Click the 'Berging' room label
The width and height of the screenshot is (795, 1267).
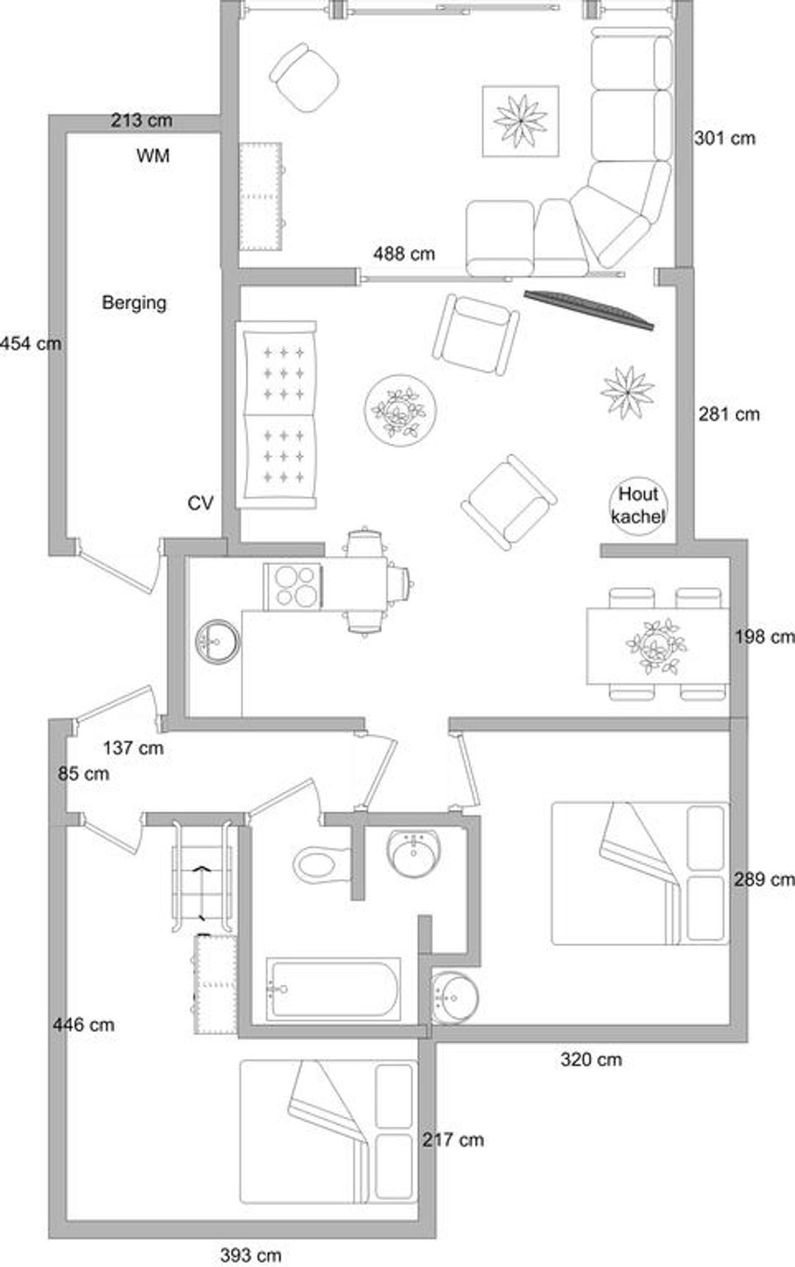[x=134, y=303]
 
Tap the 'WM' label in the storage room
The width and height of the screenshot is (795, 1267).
[x=153, y=156]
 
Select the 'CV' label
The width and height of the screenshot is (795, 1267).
[x=200, y=503]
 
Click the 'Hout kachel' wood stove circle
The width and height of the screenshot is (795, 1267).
[x=638, y=505]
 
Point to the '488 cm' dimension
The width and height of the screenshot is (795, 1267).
[x=404, y=254]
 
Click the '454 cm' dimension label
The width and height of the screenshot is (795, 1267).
[x=30, y=343]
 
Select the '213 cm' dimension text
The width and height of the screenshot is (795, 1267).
[x=141, y=120]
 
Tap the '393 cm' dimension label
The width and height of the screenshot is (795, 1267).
[x=251, y=1255]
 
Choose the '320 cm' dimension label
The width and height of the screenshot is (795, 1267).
[x=591, y=1059]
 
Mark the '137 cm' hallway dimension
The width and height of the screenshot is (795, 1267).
[x=133, y=748]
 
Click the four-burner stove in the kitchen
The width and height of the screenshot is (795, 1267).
[x=293, y=586]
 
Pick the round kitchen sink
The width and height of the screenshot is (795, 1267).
[x=218, y=641]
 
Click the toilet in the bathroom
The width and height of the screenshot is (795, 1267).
[x=322, y=864]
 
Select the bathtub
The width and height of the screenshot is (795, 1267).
[x=333, y=989]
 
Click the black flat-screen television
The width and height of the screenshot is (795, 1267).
[x=589, y=309]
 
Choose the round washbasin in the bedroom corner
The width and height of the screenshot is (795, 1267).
[x=454, y=998]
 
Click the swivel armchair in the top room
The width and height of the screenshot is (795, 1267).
[x=304, y=77]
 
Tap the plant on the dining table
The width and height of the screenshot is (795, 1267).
[x=655, y=646]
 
